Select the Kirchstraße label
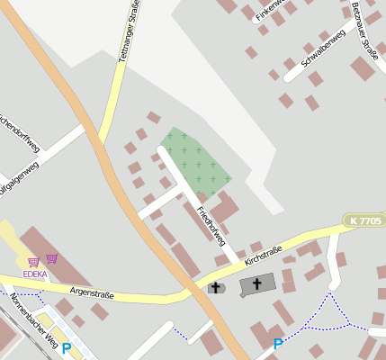263,255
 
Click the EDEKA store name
35,274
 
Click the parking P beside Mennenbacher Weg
66,348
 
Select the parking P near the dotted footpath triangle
278,344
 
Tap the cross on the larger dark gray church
256,284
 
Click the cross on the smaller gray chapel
216,287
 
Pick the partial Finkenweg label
270,9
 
